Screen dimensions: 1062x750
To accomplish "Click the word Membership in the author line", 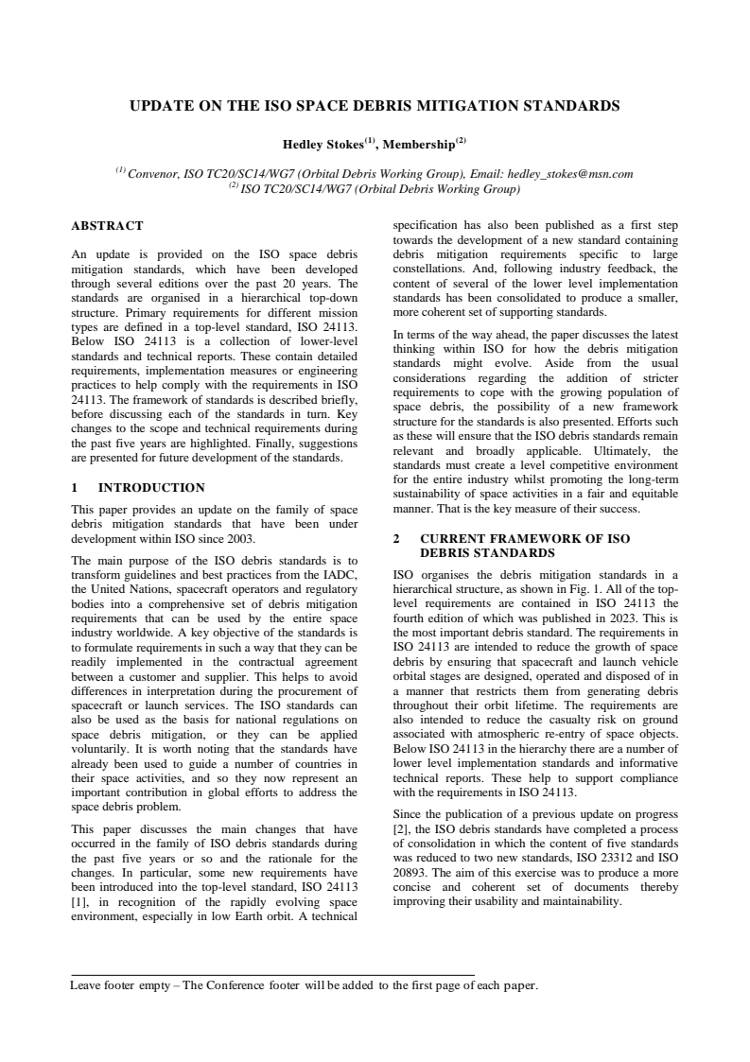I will coord(418,145).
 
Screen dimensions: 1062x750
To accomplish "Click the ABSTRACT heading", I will coord(108,226).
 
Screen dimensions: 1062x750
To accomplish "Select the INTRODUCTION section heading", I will coord(151,488).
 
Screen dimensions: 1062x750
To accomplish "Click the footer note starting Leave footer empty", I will coord(304,985).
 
